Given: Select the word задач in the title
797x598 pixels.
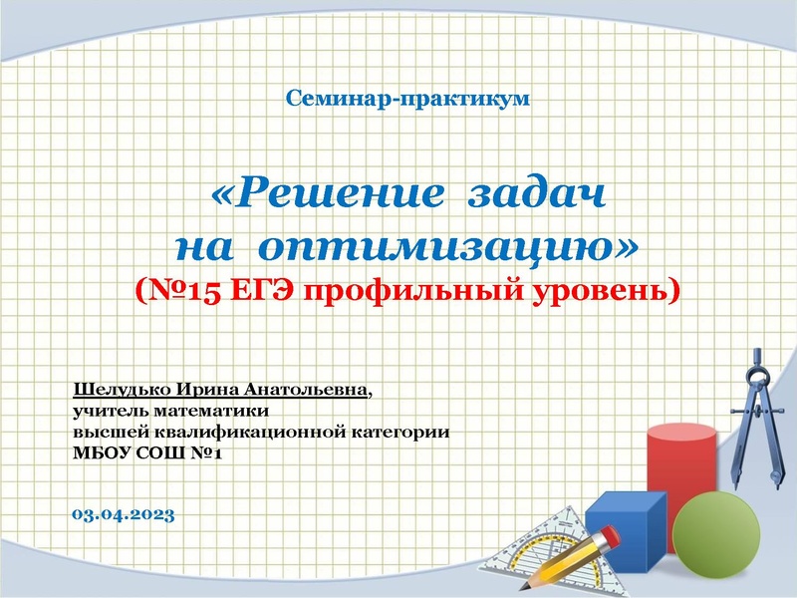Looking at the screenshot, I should [535, 193].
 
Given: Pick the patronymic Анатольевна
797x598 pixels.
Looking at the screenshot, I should [310, 388].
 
